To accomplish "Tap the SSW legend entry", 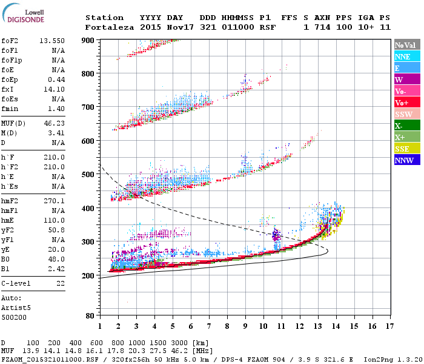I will click(405, 114).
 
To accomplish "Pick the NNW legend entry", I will click(405, 160).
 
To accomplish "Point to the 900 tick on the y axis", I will click(88, 41).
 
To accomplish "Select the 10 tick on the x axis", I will click(263, 326).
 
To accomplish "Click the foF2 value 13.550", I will click(52, 41).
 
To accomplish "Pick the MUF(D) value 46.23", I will click(55, 123).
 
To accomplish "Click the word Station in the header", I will click(104, 18).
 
